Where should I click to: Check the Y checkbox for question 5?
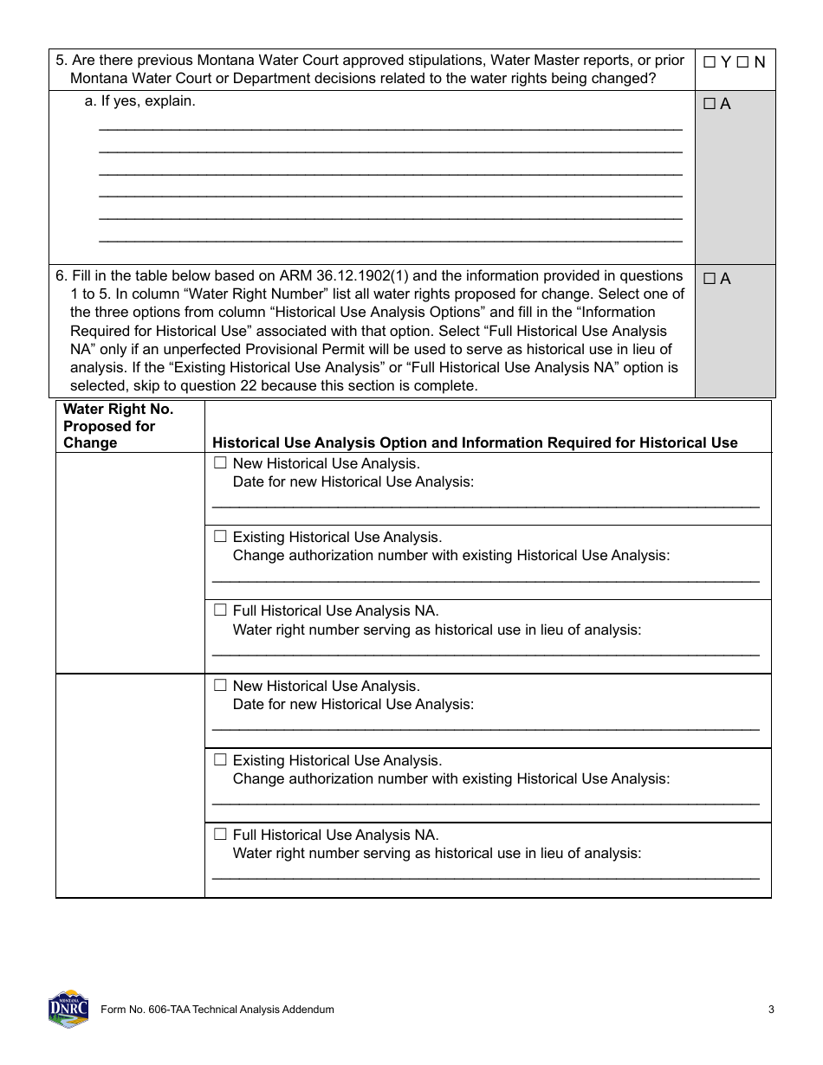tap(710, 62)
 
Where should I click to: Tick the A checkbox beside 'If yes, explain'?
tap(710, 105)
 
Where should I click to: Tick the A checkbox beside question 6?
tap(710, 279)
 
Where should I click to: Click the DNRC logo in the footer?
tap(68, 1009)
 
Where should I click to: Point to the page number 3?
tap(770, 1010)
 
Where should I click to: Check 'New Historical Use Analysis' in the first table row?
tap(220, 463)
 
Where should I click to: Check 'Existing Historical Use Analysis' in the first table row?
tap(220, 537)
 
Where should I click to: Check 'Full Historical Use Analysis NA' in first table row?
tap(220, 610)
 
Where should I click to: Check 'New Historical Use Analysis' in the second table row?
tap(220, 686)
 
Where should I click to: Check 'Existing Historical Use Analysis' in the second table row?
tap(220, 760)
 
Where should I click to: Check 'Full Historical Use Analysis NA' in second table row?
tap(220, 835)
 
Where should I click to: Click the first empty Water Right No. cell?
tap(130, 563)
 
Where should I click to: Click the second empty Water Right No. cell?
tap(130, 785)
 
